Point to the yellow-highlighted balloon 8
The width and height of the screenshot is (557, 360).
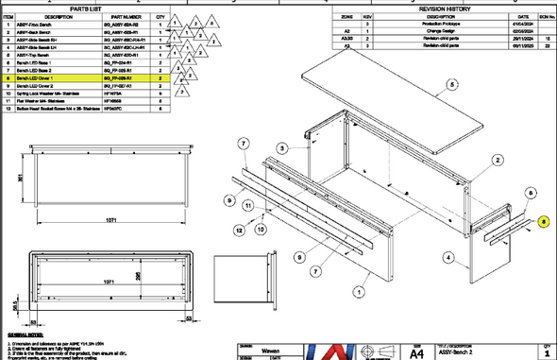point(545,223)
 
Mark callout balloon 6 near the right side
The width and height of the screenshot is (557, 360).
point(531,192)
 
